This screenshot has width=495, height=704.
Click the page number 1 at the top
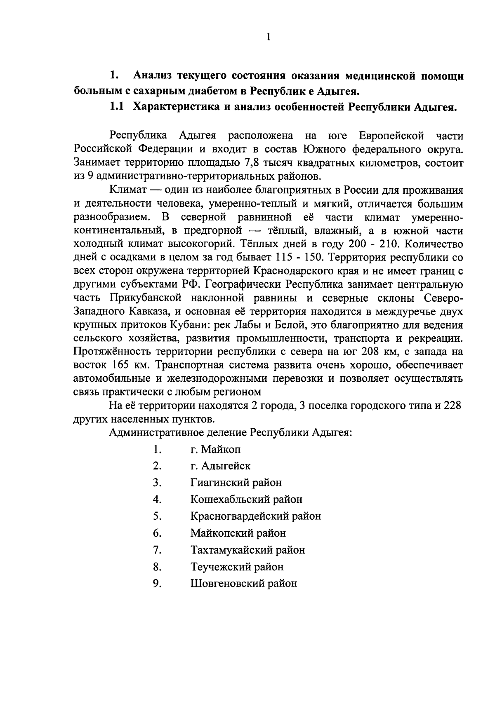(x=268, y=38)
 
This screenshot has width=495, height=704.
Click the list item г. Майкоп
(x=215, y=449)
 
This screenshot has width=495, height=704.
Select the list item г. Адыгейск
(x=220, y=466)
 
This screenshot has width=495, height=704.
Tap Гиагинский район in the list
(x=236, y=482)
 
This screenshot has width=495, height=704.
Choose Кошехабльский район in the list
(x=246, y=499)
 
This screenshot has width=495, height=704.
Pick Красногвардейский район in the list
(x=255, y=516)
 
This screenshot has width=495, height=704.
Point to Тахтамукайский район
(x=247, y=550)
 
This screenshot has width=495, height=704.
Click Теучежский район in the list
(x=237, y=567)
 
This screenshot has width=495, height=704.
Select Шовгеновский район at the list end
(x=243, y=584)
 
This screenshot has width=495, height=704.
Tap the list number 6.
(x=157, y=533)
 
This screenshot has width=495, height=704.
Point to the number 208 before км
(x=370, y=352)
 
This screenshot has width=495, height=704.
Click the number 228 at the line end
(x=452, y=406)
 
